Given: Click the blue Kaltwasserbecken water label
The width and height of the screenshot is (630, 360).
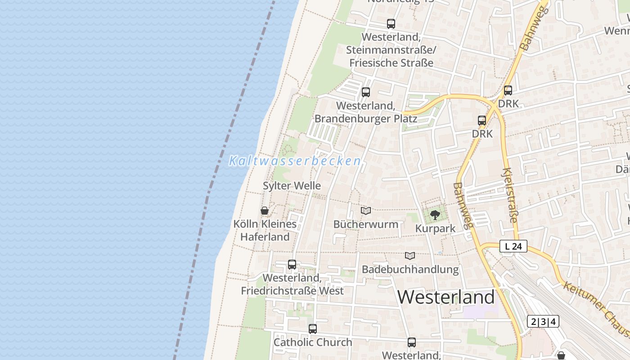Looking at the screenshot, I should coord(295,161).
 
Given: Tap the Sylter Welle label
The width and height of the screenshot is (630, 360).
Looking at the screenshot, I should coord(292,186).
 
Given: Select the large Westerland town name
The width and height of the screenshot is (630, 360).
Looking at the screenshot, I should coord(446,297).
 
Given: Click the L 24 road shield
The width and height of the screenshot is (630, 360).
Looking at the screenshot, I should coord(513,246).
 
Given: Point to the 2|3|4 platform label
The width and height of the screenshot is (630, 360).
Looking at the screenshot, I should coord(543,321).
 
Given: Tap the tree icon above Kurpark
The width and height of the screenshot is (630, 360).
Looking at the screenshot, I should coord(435,215).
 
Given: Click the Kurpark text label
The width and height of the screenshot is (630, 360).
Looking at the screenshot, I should coord(435,229).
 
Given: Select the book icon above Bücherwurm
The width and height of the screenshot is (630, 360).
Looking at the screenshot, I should coord(366,211).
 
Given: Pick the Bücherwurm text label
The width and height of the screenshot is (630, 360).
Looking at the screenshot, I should coord(366,224).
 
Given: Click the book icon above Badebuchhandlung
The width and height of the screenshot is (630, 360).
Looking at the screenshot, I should coord(410,256).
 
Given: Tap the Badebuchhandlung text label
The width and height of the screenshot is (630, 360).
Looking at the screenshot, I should coord(410,270).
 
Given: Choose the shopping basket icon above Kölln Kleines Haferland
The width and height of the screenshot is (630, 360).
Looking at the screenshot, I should coord(265,211).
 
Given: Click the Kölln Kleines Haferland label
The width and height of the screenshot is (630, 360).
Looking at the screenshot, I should coord(265,230).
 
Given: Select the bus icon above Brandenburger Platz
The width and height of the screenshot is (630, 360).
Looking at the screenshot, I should coord(366,92).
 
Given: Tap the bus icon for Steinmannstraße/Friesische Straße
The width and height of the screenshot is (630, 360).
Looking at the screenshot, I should coord(391,24).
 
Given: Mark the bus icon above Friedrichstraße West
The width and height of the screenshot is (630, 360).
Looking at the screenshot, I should coord(292,264).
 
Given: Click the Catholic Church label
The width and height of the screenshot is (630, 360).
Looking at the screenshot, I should coord(313,342).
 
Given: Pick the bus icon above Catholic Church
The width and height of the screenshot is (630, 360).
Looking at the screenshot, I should coord(313,329).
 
